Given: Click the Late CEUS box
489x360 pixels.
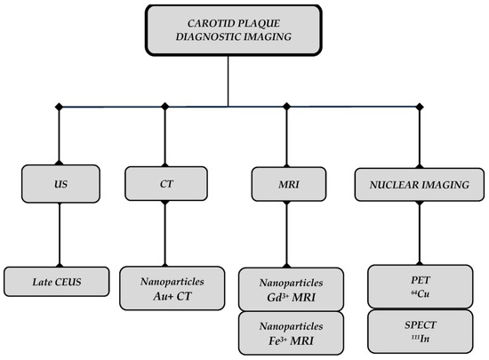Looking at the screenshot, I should (x=59, y=282).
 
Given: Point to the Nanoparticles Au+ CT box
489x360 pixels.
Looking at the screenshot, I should (x=173, y=285).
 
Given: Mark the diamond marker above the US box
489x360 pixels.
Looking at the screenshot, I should (x=59, y=108).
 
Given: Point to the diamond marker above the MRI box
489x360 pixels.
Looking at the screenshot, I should (x=286, y=108).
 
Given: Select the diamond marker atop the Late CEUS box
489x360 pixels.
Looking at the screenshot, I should (x=59, y=262).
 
